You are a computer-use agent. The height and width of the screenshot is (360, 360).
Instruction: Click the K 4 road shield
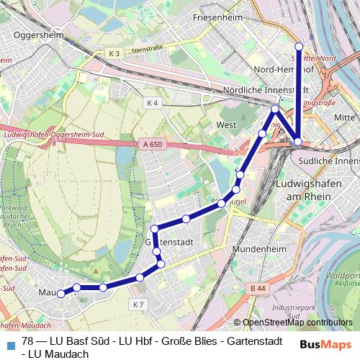coord(152,103)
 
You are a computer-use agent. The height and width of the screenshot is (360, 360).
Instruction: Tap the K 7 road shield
coord(138,305)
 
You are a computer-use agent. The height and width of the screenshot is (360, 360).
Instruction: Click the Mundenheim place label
coord(256,250)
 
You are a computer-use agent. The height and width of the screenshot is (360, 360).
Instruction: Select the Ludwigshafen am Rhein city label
coord(302,190)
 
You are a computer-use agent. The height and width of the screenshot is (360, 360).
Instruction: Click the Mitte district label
coord(345,117)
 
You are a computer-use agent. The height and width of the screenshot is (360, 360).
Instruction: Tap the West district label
coord(226,125)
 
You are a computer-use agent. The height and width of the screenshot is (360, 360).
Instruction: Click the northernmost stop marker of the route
coord(300,46)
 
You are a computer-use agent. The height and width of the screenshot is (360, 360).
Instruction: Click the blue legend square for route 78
coord(9,342)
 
